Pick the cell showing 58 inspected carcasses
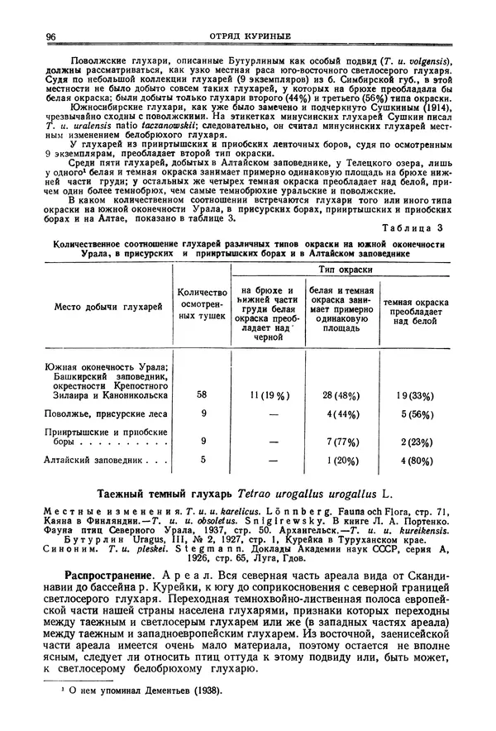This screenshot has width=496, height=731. coord(202,395)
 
